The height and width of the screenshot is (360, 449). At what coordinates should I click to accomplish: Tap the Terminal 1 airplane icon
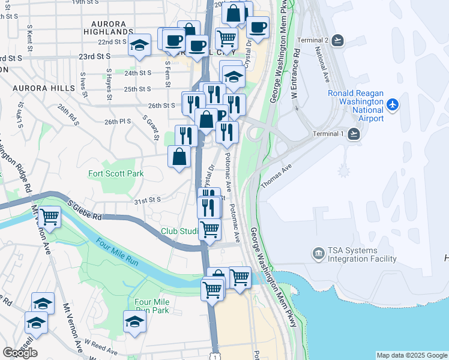coord(355,133)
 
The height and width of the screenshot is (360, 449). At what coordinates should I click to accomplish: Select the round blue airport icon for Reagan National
coord(393,105)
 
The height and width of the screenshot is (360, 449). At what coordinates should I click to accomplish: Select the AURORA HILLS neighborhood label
coord(39,88)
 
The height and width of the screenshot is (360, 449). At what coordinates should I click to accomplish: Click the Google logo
coord(20,353)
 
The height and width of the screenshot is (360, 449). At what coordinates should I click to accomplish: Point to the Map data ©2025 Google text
coord(411,355)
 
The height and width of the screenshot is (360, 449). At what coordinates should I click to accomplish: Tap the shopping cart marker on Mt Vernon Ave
coord(49,217)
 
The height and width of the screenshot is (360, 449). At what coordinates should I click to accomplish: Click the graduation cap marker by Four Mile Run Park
coord(135,322)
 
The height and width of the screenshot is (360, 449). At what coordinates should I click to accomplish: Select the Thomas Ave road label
coord(276,176)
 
